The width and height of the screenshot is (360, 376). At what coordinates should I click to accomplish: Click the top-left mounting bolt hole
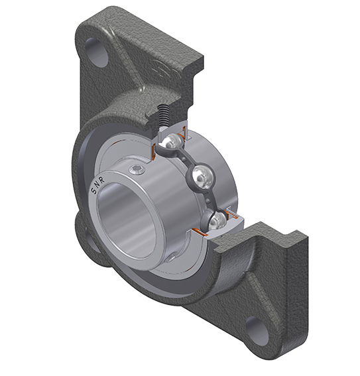96,52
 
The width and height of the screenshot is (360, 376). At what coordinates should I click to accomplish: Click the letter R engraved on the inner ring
102,181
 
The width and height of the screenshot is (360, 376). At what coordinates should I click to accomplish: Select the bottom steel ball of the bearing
216,220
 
